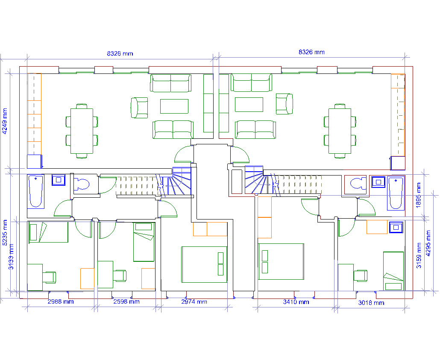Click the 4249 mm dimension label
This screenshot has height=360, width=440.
[5, 121]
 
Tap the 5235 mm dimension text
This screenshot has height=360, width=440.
[5, 233]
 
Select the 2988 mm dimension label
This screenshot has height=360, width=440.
[61, 301]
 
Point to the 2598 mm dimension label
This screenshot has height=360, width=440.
[126, 301]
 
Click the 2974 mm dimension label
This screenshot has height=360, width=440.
[194, 301]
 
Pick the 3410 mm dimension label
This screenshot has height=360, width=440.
[296, 302]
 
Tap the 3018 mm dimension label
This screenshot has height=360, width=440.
[371, 303]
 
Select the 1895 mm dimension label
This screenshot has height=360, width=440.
[418, 195]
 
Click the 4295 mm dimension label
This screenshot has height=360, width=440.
[428, 243]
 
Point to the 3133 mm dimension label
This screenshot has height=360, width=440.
[11, 257]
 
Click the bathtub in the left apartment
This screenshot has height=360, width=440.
[36, 191]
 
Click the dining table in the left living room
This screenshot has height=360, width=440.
[82, 131]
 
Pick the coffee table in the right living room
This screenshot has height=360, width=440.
[249, 105]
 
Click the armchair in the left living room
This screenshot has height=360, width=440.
[139, 108]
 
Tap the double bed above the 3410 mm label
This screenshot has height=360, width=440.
[281, 261]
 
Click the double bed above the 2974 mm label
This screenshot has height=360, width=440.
[204, 264]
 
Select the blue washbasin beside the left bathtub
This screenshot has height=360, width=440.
[59, 180]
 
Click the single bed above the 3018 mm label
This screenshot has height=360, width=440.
[393, 271]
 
